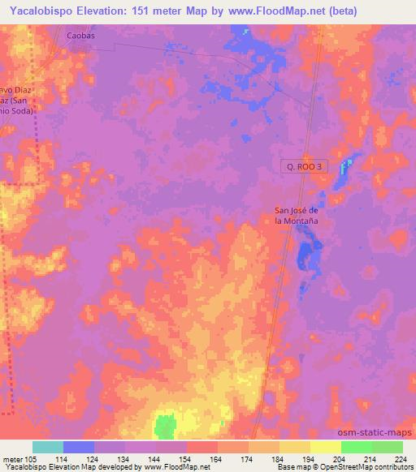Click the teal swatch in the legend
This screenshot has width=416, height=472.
pyautogui.click(x=48, y=446)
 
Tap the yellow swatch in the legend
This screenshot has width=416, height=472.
pyautogui.click(x=326, y=446)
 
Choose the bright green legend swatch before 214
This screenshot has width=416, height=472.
pyautogui.click(x=357, y=446)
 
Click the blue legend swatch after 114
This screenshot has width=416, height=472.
pyautogui.click(x=79, y=446)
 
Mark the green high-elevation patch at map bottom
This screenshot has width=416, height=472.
pyautogui.click(x=166, y=424)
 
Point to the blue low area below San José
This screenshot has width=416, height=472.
pyautogui.click(x=306, y=253)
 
